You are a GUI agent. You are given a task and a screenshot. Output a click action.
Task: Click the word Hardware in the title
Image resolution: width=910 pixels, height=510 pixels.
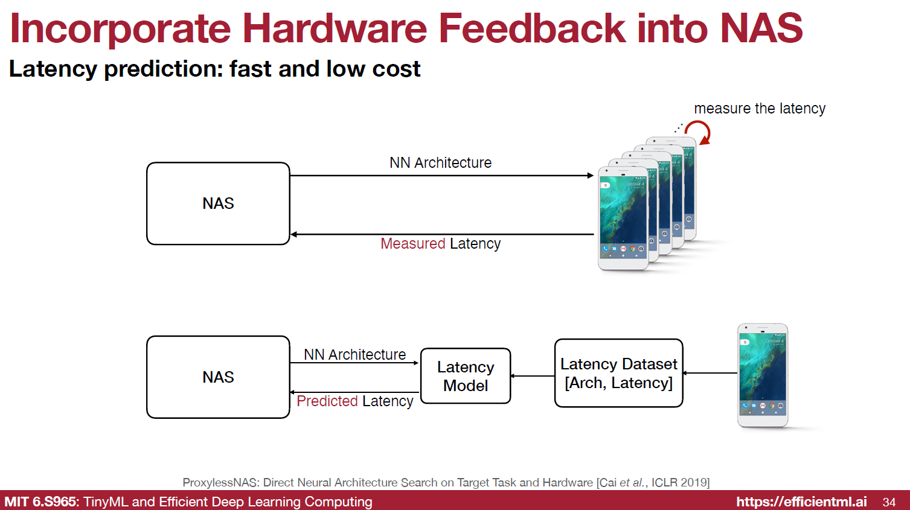(x=335, y=28)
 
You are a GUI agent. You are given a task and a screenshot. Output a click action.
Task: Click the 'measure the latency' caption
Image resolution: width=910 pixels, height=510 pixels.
(x=759, y=109)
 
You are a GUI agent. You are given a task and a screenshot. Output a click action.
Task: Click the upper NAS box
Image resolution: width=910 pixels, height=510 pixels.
(x=218, y=203)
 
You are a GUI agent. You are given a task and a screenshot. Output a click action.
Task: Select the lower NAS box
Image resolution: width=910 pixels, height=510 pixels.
(x=218, y=377)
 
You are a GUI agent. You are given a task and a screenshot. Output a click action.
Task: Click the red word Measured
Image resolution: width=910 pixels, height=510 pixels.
(x=412, y=244)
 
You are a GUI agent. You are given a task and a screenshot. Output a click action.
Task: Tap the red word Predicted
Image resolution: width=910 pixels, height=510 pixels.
(x=327, y=401)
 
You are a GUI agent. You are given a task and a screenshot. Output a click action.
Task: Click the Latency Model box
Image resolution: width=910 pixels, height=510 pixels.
(x=466, y=376)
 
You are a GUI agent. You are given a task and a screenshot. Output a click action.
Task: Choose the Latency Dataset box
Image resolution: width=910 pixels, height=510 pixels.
(x=618, y=373)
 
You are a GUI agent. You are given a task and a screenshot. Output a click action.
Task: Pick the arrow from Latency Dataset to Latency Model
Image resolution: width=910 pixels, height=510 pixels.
(x=533, y=376)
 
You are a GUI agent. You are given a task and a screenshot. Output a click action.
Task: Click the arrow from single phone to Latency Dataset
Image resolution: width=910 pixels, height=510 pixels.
(x=710, y=373)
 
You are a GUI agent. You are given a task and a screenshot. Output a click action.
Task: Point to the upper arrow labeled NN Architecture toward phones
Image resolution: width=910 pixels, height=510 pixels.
(x=441, y=176)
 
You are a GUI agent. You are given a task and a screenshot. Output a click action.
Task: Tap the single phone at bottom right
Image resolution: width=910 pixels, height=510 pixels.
(x=763, y=375)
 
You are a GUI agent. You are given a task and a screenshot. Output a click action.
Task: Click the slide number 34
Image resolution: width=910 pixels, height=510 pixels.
(x=889, y=502)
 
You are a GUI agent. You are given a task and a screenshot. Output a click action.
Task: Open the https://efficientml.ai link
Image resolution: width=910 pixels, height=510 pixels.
(x=801, y=502)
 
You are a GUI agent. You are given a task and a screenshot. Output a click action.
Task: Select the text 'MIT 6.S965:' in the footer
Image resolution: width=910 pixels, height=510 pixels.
(x=41, y=502)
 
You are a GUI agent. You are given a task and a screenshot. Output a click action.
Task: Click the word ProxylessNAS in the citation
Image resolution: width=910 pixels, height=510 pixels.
(x=220, y=483)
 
